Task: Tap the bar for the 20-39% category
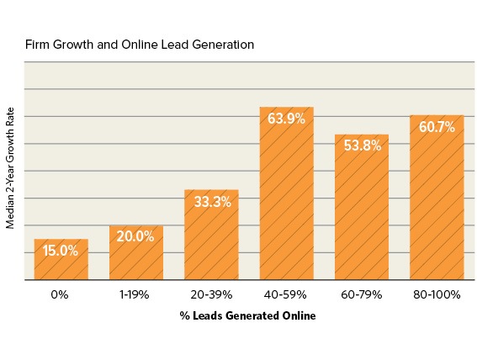click(x=211, y=244)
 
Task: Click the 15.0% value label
click(x=61, y=250)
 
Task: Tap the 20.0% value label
click(x=136, y=236)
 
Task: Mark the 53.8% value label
click(x=362, y=146)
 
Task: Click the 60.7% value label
click(x=437, y=127)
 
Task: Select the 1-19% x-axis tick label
click(x=135, y=295)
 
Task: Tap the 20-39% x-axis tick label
click(x=211, y=295)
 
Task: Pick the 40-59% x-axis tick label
click(x=286, y=295)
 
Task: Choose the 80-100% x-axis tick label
click(x=437, y=295)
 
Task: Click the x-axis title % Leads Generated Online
click(x=248, y=316)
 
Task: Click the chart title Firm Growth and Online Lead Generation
click(x=139, y=44)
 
